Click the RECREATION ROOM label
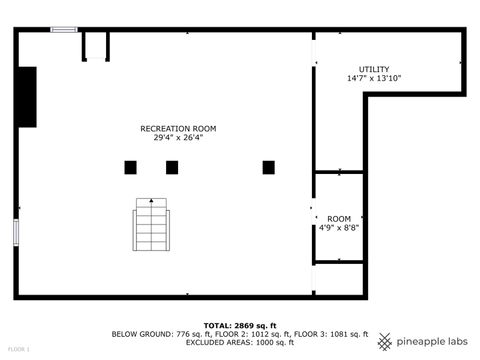tap(178, 128)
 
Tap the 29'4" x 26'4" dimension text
tap(178, 138)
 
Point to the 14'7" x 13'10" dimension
tap(374, 78)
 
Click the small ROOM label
tap(339, 219)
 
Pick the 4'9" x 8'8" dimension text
tap(339, 228)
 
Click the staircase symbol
tap(151, 225)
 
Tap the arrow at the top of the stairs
tap(151, 202)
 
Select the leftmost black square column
tap(130, 167)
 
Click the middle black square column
tap(172, 167)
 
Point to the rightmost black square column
tap(268, 167)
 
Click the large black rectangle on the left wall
tap(26, 97)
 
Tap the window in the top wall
tap(64, 30)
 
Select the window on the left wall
tap(16, 232)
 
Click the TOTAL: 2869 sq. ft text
tap(240, 326)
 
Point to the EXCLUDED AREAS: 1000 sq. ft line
tap(240, 342)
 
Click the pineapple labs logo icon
tap(385, 342)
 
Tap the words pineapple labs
tap(432, 342)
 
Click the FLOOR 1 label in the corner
tap(18, 349)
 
